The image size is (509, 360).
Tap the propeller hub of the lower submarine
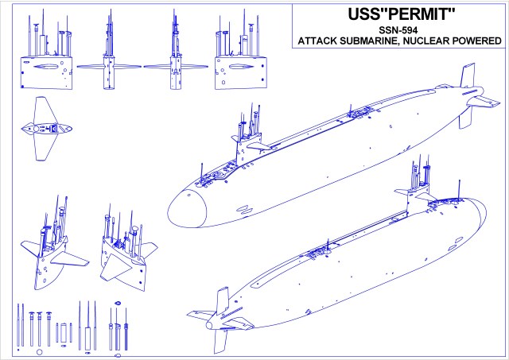[x=208, y=324]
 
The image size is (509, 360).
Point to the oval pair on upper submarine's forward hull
[x=246, y=208]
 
